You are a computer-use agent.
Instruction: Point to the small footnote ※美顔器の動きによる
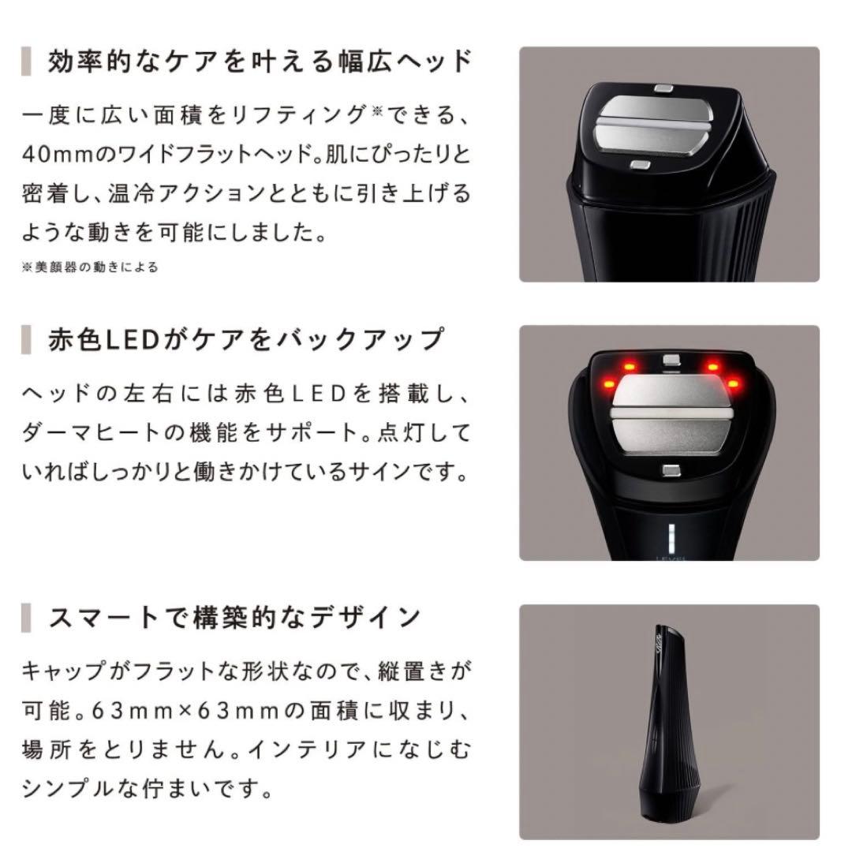point(89,267)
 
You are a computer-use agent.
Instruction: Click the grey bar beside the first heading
point(26,62)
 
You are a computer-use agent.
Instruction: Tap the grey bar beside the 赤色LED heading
point(26,340)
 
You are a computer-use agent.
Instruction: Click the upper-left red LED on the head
point(629,365)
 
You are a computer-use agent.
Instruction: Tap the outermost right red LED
point(734,383)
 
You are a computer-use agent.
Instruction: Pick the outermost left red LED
point(607,384)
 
